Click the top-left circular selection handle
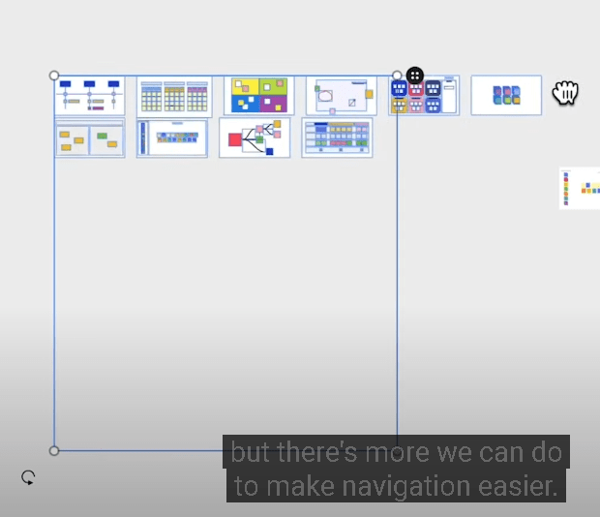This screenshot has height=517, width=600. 54,76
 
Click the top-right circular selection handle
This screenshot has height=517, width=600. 397,76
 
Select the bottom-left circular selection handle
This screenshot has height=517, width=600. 54,450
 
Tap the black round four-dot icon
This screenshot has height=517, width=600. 415,76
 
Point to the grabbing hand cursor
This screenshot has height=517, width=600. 565,92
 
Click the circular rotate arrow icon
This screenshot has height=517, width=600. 28,477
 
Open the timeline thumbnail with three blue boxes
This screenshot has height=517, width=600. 90,95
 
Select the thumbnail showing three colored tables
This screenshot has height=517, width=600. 174,97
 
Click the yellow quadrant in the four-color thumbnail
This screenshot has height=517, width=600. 245,86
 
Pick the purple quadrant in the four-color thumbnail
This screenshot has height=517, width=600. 273,104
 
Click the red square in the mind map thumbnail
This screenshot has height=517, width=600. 235,139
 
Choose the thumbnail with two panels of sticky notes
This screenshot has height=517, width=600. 90,138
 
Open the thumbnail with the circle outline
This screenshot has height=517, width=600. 342,95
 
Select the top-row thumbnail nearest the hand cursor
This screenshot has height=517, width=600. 506,95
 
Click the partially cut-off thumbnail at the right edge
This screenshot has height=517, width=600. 580,188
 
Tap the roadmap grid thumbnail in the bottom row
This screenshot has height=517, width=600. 337,137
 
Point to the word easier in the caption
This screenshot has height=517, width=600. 518,486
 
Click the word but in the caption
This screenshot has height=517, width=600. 252,452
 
